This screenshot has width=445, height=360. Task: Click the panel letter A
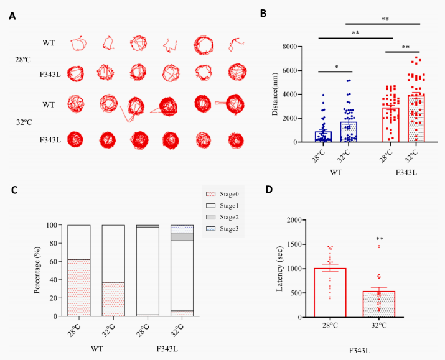[12, 16]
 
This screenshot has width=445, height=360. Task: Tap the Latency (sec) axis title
[280, 268]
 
